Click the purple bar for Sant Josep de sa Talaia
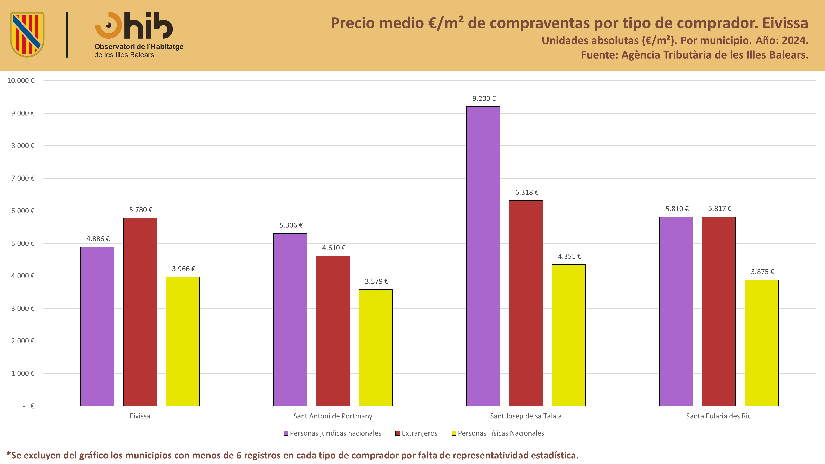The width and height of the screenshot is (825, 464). (483, 256)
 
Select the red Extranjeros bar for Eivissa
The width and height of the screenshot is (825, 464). (140, 312)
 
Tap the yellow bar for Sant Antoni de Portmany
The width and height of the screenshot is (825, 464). (376, 348)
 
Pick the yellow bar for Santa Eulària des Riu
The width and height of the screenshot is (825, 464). (762, 343)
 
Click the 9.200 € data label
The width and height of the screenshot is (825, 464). (484, 99)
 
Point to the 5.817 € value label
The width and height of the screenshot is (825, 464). (720, 209)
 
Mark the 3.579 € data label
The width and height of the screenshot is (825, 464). (376, 281)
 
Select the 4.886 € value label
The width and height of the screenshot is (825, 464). (98, 239)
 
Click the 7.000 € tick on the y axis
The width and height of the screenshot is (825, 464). (23, 178)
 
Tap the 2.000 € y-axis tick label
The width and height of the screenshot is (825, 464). (23, 341)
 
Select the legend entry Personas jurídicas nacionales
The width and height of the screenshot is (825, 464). (332, 433)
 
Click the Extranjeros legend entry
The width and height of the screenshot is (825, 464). (416, 433)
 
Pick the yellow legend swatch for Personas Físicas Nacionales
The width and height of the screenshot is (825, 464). (454, 433)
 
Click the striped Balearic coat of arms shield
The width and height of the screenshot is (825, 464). (27, 35)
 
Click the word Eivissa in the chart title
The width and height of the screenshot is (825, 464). (785, 23)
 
